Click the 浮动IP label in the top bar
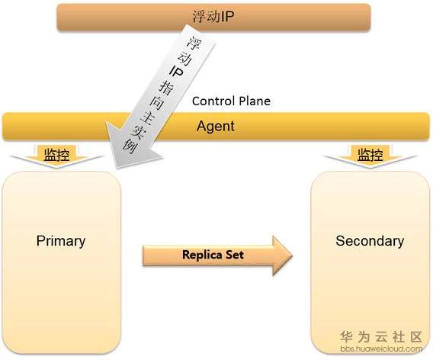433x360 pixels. (x=213, y=17)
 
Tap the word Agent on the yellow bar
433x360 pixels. (x=216, y=127)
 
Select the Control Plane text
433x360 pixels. (x=231, y=101)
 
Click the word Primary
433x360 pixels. (x=61, y=241)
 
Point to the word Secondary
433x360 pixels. (x=370, y=241)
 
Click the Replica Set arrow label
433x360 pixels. (x=213, y=255)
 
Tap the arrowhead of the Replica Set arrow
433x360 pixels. (x=282, y=256)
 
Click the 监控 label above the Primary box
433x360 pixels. (x=56, y=154)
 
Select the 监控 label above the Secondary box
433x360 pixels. (x=370, y=154)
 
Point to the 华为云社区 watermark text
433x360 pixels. (x=381, y=337)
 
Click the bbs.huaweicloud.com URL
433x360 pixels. (x=381, y=349)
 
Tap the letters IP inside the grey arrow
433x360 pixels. (x=176, y=72)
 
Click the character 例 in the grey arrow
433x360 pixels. (x=130, y=146)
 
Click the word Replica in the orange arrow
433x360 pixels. (x=203, y=255)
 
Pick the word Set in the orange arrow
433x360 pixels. (x=235, y=254)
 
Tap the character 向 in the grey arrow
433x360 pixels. (x=157, y=102)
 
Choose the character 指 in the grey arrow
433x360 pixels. (x=166, y=87)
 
